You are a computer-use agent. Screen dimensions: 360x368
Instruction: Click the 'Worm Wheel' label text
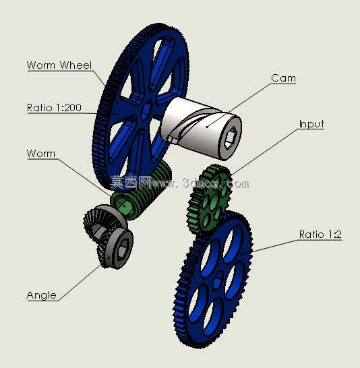[x=59, y=65]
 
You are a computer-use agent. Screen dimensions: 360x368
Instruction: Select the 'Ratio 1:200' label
[x=54, y=108]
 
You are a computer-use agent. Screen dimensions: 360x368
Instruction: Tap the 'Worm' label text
[x=41, y=154]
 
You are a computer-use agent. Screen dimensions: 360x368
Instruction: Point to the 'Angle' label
[x=42, y=295]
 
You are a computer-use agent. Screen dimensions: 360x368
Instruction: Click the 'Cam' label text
[x=283, y=78]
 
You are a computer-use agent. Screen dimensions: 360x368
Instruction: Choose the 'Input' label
[x=311, y=124]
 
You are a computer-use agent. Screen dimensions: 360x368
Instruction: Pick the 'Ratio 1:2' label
[x=320, y=235]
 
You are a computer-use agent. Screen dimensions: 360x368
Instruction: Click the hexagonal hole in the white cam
[x=231, y=137]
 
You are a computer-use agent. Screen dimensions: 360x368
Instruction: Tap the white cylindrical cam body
[x=201, y=128]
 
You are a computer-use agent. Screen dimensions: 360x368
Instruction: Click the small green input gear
[x=209, y=200]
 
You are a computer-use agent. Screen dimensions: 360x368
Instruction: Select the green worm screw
[x=141, y=190]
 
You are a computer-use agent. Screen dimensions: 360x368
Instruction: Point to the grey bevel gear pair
[x=108, y=237]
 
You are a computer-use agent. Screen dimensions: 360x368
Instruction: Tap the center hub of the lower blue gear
[x=217, y=280]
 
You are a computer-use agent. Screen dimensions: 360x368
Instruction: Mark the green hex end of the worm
[x=123, y=206]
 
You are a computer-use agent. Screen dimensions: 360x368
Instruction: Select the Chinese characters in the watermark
[x=131, y=183]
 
